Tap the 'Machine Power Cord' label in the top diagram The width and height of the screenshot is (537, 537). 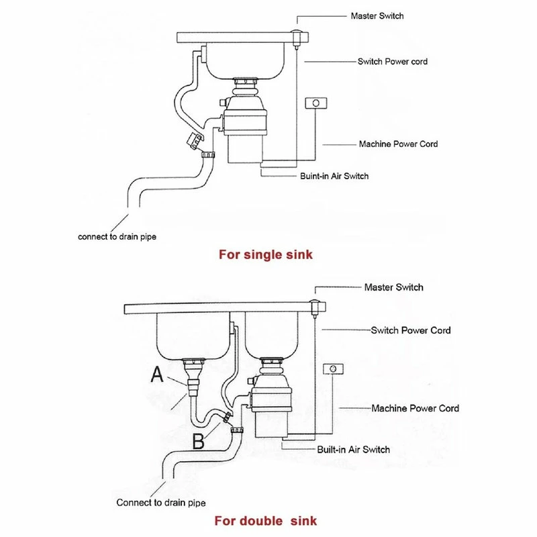399,144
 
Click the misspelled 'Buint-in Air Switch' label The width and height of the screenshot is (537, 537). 334,177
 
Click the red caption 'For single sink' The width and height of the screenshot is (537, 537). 266,255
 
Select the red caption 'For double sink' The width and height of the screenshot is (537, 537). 266,520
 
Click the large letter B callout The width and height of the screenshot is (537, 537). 199,441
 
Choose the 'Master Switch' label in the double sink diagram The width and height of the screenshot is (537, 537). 393,287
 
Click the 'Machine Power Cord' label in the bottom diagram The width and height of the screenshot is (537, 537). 416,408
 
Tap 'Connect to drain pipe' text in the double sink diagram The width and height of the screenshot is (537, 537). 161,502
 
